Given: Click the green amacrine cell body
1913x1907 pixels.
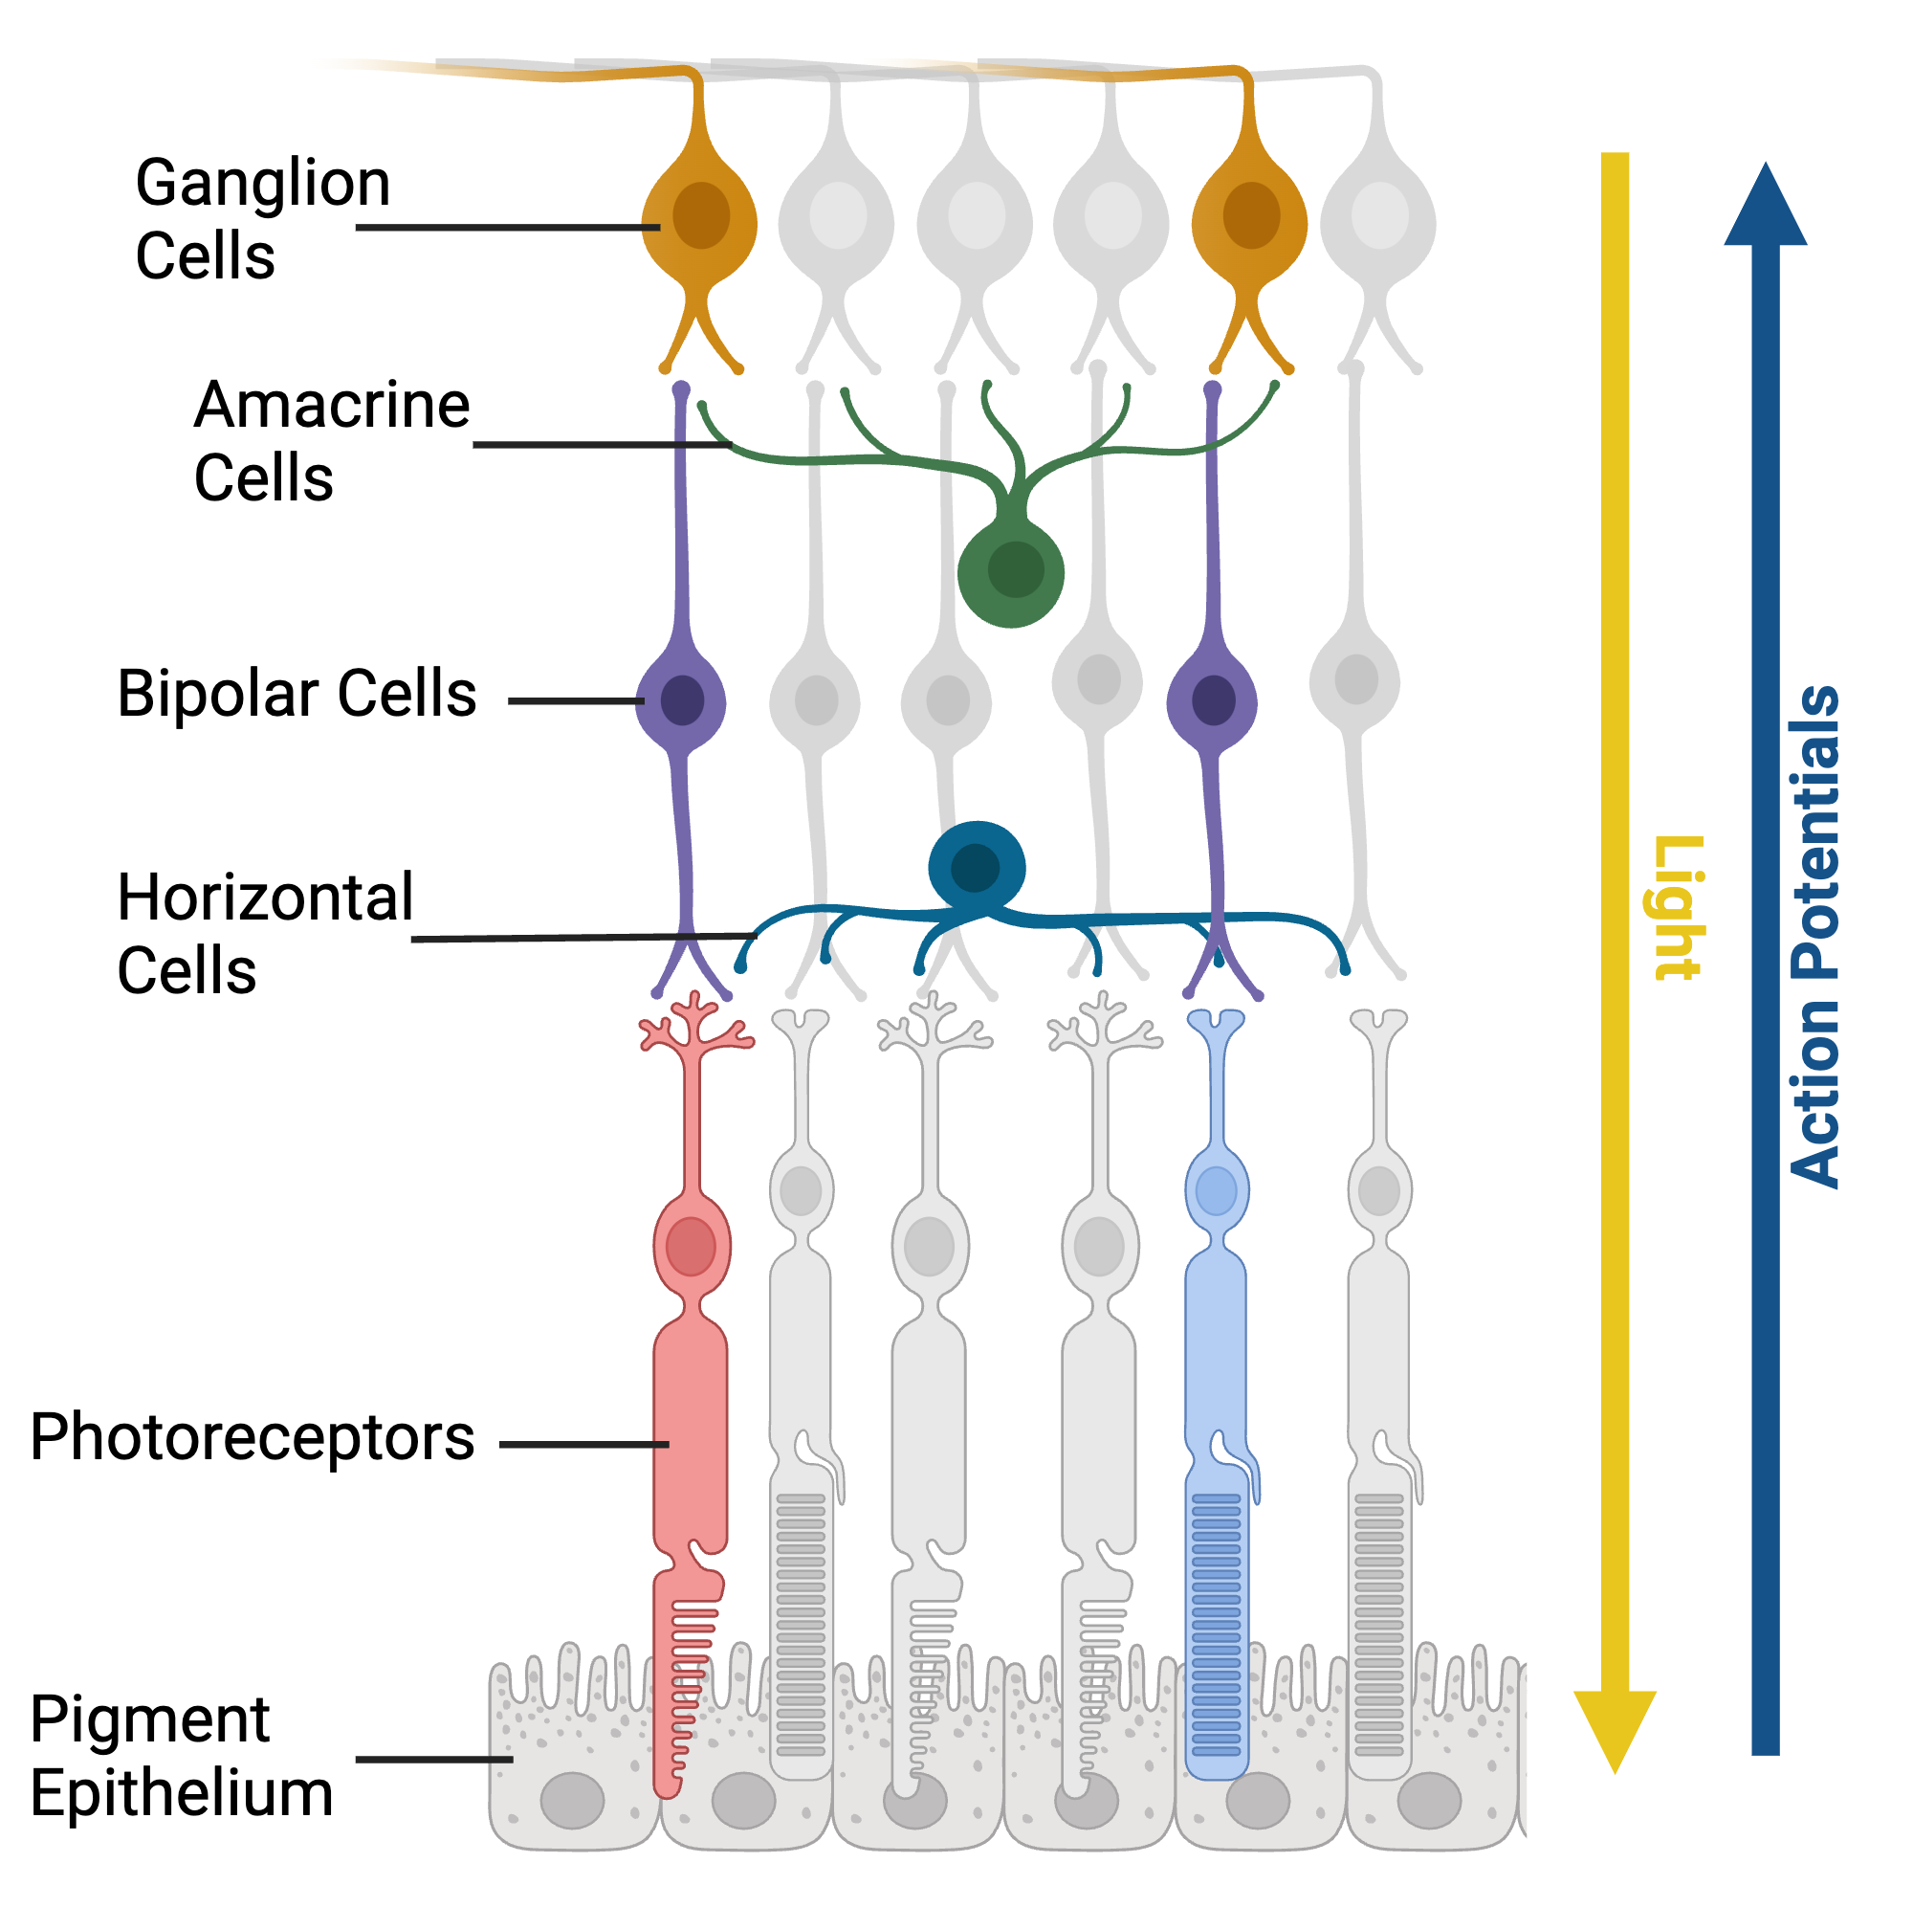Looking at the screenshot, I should click(x=1011, y=573).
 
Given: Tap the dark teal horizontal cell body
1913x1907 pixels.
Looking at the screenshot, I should click(x=977, y=867).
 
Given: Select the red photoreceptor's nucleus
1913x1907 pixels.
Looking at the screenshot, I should click(x=692, y=1245).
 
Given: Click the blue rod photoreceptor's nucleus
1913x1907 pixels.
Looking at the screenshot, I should click(x=1216, y=1190).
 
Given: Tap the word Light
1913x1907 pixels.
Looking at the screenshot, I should click(x=1680, y=907).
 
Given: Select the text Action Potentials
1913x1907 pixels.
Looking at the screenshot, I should click(x=1815, y=936).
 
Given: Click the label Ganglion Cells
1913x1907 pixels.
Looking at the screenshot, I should click(x=261, y=219).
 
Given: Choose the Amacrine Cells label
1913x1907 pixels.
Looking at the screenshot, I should click(x=331, y=441).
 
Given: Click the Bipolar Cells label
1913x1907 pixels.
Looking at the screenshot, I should click(x=297, y=693).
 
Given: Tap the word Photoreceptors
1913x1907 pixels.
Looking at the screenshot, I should click(x=253, y=1436).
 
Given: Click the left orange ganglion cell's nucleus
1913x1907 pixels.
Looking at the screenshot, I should click(x=701, y=216).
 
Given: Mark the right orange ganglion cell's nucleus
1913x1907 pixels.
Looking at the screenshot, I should click(x=1250, y=216).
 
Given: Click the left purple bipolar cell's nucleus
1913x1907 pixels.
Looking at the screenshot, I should click(x=682, y=700).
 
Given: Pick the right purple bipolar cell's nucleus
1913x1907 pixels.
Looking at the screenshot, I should click(x=1213, y=700).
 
